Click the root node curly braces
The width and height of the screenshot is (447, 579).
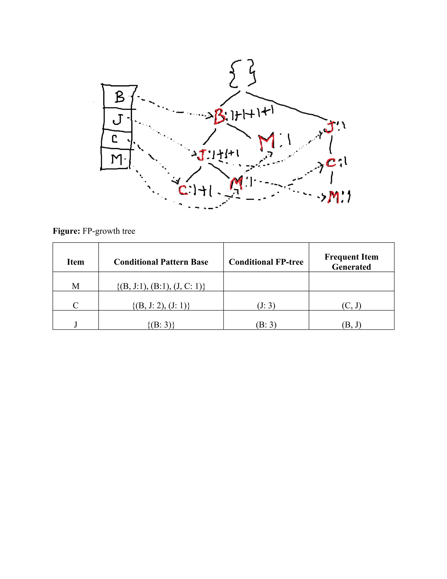[242, 73]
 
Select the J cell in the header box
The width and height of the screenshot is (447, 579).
[118, 120]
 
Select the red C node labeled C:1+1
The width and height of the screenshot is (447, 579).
[183, 190]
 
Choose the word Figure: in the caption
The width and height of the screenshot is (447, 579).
[66, 231]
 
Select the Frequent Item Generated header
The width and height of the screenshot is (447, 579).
[351, 262]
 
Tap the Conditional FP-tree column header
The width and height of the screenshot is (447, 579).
[266, 262]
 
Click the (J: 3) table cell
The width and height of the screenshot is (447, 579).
[266, 306]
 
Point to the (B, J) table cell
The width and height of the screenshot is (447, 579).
[351, 325]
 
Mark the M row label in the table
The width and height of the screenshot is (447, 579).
[76, 286]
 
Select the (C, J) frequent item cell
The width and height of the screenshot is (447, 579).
[351, 306]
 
